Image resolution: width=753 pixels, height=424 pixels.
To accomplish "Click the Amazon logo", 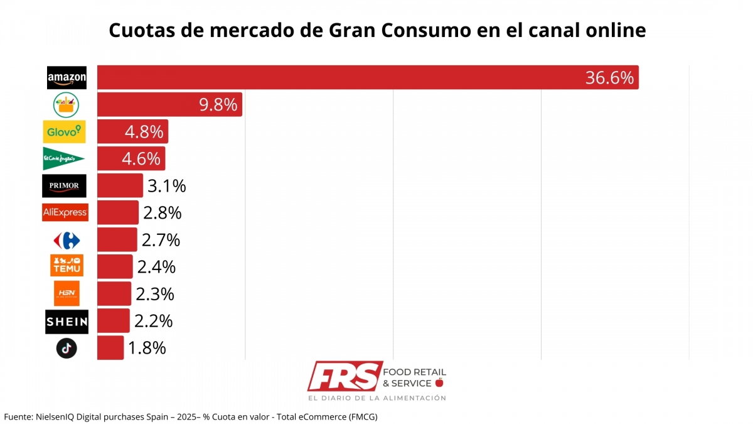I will [x=67, y=78].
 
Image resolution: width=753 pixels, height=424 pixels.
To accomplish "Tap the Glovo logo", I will [x=65, y=132].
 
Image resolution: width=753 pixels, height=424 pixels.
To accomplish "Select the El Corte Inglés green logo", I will [x=63, y=159].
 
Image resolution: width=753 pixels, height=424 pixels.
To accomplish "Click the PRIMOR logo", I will [x=64, y=186].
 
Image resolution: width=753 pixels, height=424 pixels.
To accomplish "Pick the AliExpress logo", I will [x=65, y=212].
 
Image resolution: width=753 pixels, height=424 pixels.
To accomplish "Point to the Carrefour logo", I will [x=67, y=240].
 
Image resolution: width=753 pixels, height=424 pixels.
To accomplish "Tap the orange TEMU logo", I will [x=67, y=266].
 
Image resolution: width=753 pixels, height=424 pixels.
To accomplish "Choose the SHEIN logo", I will [x=67, y=322].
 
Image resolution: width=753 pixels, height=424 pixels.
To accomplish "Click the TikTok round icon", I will [x=67, y=348].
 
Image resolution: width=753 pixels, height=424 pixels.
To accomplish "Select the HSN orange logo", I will [x=67, y=293].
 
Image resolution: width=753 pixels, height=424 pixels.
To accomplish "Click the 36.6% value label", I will [x=609, y=78].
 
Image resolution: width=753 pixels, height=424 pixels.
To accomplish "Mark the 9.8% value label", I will [x=218, y=105].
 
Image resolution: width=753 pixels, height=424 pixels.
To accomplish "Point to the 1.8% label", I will [x=147, y=348].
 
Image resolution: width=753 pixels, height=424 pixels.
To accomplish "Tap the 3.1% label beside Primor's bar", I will [x=166, y=186].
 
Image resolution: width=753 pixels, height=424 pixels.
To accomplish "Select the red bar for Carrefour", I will [x=117, y=240].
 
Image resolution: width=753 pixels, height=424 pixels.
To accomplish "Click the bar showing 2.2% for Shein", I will [x=113, y=321].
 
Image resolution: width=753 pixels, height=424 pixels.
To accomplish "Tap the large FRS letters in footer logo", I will [x=344, y=376].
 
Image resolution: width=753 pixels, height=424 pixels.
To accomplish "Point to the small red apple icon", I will [x=439, y=383].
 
